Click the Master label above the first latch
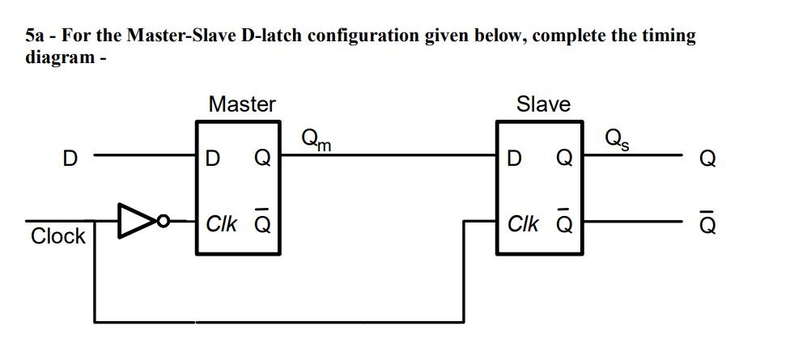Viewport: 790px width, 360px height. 241,104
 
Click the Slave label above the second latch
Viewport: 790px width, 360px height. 543,104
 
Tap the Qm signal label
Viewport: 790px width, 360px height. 315,140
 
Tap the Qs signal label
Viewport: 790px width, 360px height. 616,140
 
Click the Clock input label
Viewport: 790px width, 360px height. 57,236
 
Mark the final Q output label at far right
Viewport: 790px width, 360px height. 707,159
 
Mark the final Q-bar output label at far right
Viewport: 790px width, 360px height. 707,223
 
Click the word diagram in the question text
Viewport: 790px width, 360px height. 59,58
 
